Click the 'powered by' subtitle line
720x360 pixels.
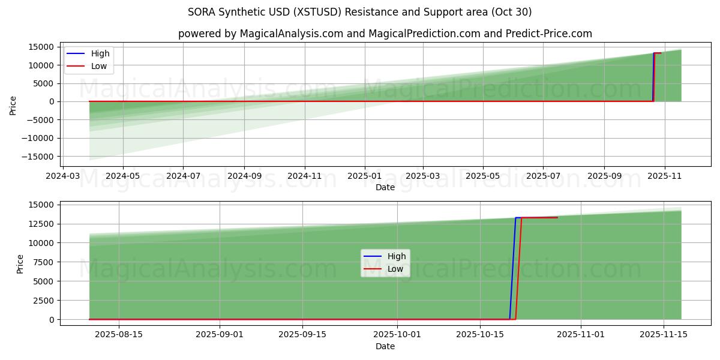pos(385,34)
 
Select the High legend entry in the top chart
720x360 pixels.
pos(100,53)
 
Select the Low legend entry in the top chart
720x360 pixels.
pos(99,66)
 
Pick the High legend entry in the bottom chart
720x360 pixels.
pos(396,256)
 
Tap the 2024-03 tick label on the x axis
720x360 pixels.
pos(63,176)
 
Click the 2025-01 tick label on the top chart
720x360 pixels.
pos(364,176)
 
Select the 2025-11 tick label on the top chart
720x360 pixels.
pos(664,176)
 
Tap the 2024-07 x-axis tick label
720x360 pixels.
pos(183,176)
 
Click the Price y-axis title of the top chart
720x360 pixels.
pos(13,106)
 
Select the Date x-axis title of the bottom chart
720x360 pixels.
pos(385,346)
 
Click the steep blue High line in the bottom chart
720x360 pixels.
pos(512,270)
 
